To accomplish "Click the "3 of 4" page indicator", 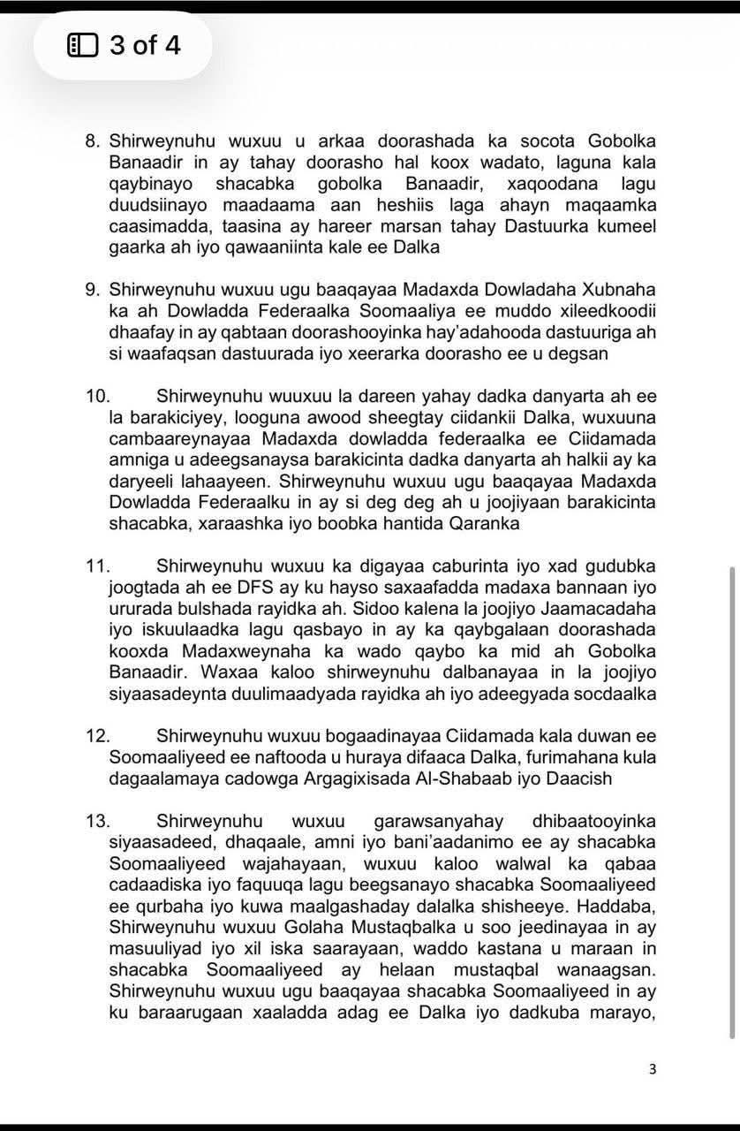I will click(145, 44).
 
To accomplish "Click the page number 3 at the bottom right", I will click(653, 1069).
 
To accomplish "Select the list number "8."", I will click(94, 141).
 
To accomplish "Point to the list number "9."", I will click(94, 290).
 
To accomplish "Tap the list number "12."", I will click(97, 736).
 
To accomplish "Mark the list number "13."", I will click(97, 821).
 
